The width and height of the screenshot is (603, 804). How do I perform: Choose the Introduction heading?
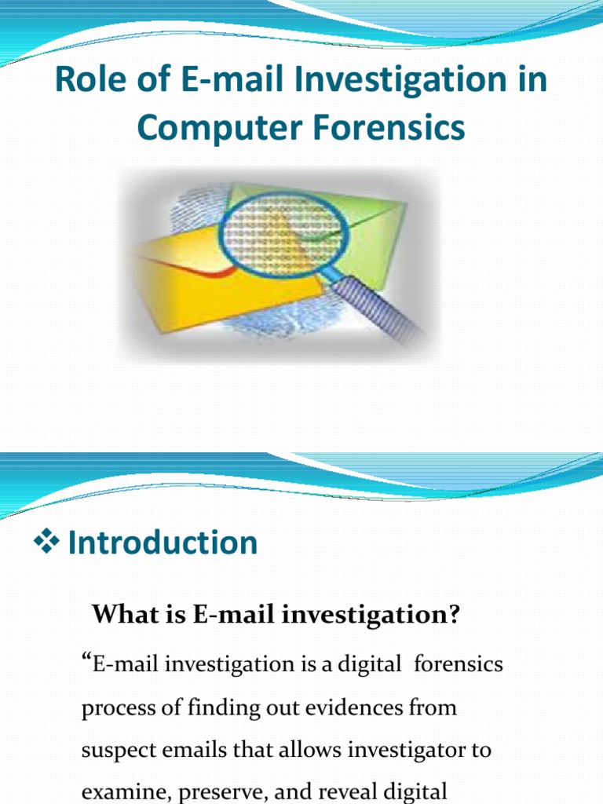163,543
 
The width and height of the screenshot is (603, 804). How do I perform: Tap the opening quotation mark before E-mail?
86,661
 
